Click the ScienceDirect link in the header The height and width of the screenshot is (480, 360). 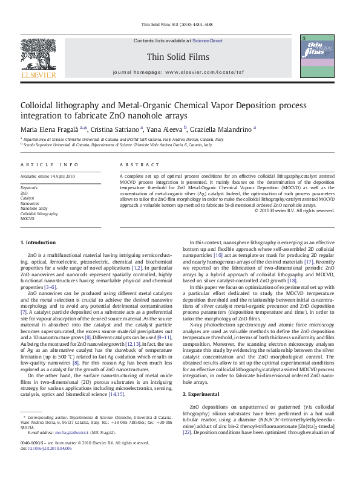(x=208, y=41)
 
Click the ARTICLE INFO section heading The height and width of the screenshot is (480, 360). (x=50, y=164)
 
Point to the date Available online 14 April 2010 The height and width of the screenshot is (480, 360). (x=48, y=177)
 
